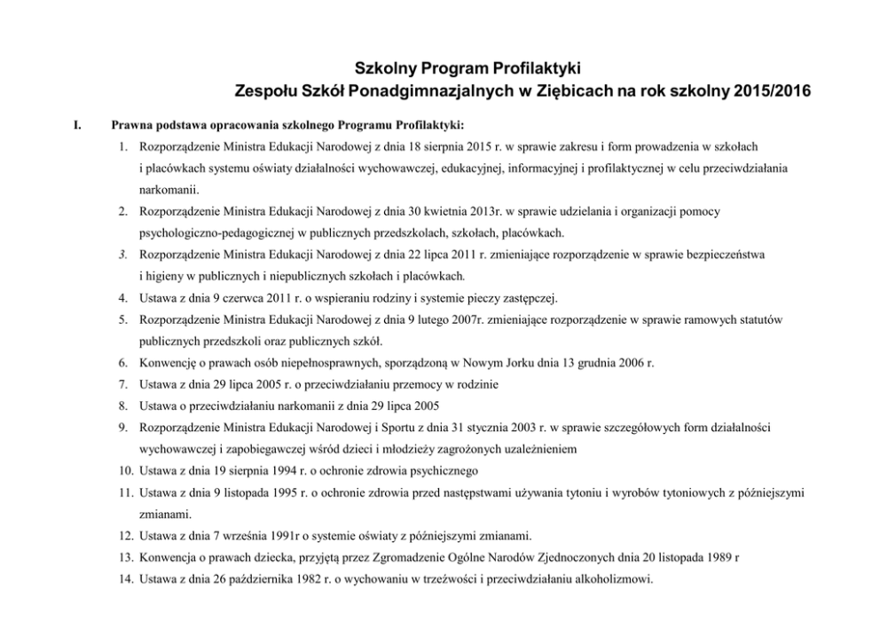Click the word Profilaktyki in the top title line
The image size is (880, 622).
click(537, 67)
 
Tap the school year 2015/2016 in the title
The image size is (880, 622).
click(769, 90)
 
